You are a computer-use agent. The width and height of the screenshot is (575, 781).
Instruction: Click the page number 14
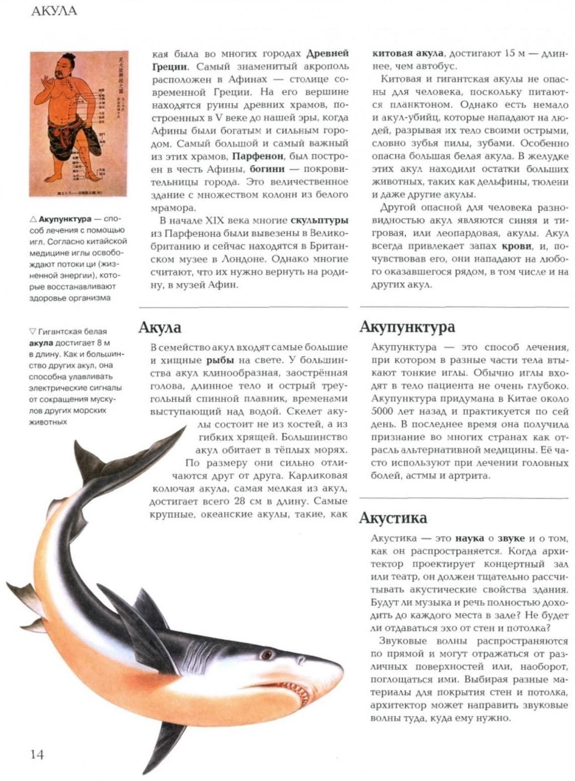tap(37, 754)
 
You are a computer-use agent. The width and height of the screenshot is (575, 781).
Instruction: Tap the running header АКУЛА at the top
tap(54, 11)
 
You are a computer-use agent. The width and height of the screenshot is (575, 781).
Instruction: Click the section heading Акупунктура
tap(407, 327)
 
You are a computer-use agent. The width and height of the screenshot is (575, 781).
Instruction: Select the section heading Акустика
tap(393, 518)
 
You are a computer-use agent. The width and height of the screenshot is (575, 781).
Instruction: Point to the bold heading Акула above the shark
tap(160, 328)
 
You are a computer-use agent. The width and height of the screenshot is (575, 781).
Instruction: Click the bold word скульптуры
tap(319, 221)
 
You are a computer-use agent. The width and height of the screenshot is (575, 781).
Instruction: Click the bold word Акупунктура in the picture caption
tap(65, 219)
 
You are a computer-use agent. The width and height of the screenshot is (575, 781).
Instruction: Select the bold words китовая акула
tap(408, 53)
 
